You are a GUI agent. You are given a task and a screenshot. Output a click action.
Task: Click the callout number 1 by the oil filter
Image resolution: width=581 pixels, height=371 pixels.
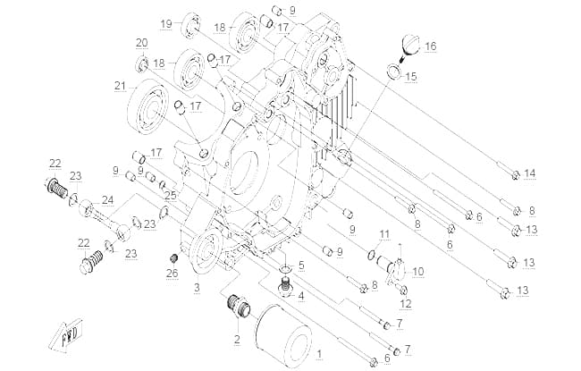(319, 355)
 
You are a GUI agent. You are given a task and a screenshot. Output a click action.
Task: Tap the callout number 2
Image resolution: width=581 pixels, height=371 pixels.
(237, 339)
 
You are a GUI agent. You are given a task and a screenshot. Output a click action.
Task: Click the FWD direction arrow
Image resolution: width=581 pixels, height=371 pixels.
(67, 334)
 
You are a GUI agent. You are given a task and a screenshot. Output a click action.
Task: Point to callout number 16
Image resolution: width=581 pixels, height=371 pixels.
(431, 46)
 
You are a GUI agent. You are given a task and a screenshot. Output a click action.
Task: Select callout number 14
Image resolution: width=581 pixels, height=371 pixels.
(530, 173)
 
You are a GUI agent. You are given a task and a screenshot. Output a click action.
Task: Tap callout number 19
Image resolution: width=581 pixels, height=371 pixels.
(166, 24)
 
